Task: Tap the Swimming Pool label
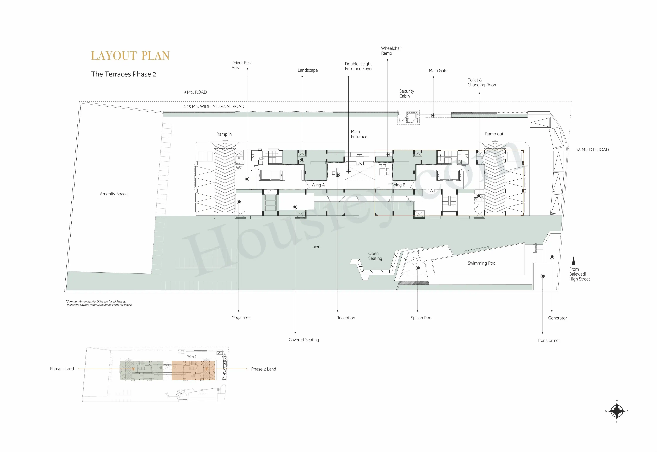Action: coord(482,263)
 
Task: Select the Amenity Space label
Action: coord(114,194)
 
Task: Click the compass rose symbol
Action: coord(617,411)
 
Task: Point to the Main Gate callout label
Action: coord(438,70)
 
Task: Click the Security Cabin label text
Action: coord(407,94)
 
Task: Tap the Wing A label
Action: coord(318,185)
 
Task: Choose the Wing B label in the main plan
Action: coord(399,185)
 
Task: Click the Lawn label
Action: coord(315,247)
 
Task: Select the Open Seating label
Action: coord(375,256)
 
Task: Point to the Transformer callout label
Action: coord(548,340)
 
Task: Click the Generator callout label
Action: coord(557,318)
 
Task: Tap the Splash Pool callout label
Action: coord(421,318)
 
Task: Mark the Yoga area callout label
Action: coord(241,318)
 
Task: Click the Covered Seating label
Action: coord(304,340)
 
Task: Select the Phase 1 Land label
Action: coord(62,369)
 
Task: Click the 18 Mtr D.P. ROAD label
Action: coord(592,150)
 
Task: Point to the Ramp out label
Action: coord(494,134)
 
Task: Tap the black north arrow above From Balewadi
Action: coord(574,260)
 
